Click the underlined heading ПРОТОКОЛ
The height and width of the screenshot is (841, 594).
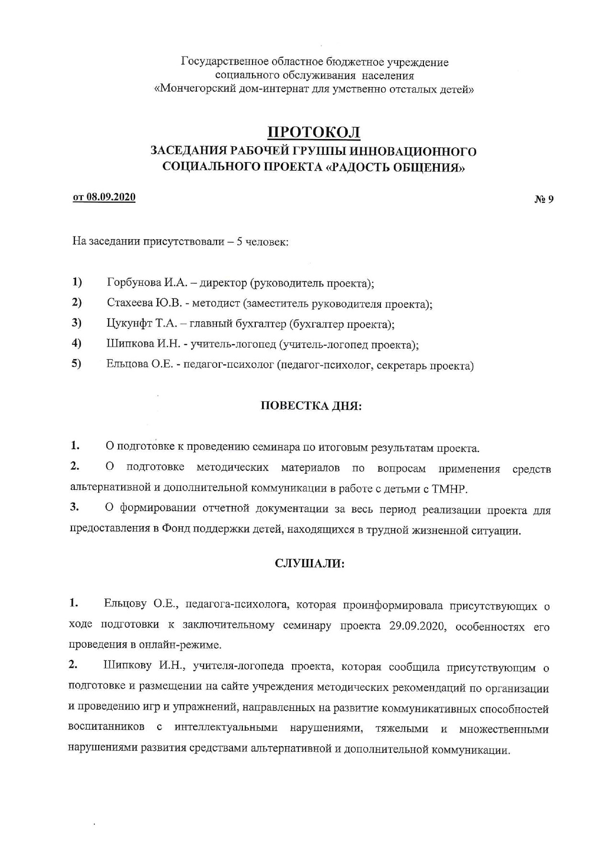[x=314, y=132]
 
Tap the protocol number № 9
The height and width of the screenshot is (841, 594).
[x=544, y=199]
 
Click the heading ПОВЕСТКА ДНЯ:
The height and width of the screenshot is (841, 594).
[x=311, y=406]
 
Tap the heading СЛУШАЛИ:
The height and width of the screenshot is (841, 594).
[x=310, y=563]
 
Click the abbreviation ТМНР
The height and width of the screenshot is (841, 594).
[x=449, y=489]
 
